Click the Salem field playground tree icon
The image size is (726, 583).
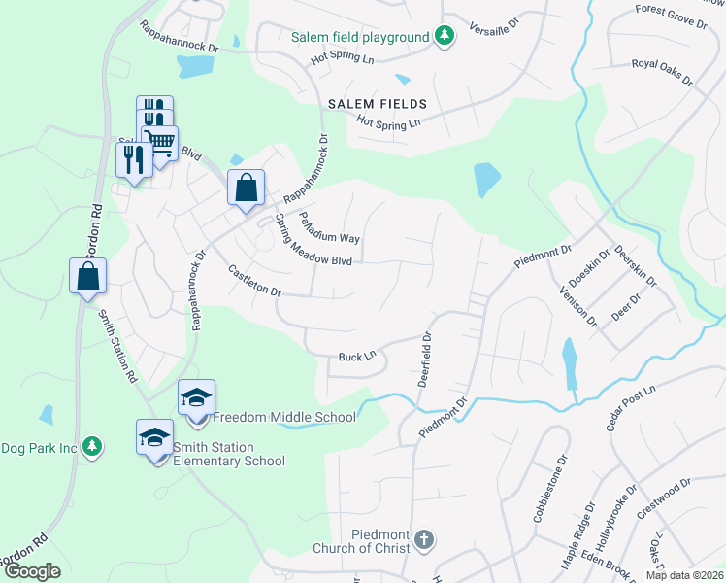click(445, 37)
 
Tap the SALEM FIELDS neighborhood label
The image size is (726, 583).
click(377, 103)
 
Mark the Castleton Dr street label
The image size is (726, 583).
click(254, 280)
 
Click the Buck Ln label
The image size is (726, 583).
click(356, 358)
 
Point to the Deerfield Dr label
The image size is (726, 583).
click(425, 359)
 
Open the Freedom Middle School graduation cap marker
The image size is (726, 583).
click(196, 397)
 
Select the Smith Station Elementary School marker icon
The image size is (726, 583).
click(154, 438)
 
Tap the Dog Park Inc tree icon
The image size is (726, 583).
click(92, 447)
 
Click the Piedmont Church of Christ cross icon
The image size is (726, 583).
click(423, 538)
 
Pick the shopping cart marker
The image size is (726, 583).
click(161, 143)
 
